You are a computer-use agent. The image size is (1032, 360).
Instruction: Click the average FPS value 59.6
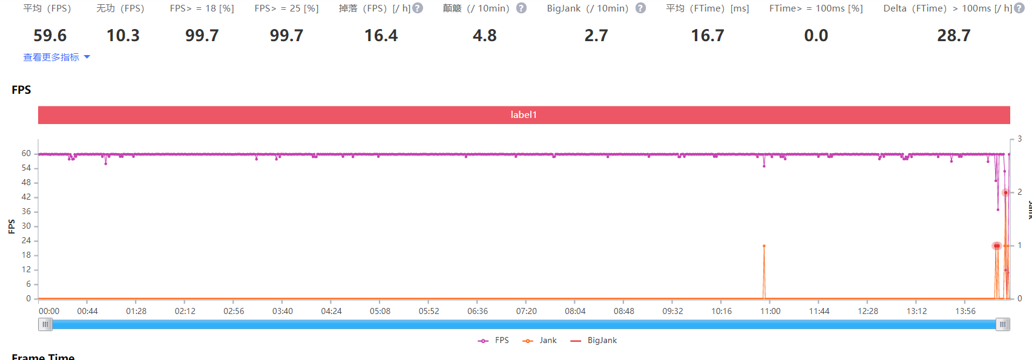(x=50, y=36)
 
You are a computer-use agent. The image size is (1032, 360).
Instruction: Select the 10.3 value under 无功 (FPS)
(x=123, y=36)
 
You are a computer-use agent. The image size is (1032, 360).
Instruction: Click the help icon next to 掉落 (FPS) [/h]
(x=418, y=8)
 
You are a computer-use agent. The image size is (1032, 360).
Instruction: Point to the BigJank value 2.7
(x=596, y=36)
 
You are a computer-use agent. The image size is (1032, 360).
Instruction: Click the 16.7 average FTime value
(x=708, y=36)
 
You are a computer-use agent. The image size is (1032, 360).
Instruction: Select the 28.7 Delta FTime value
(x=953, y=36)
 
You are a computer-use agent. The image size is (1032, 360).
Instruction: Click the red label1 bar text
(x=524, y=115)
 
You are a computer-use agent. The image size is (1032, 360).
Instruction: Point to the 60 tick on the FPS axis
(x=26, y=154)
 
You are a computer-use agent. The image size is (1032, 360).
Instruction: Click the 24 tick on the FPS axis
(x=26, y=241)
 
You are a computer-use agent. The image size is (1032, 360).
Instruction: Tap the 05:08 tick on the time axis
(x=380, y=311)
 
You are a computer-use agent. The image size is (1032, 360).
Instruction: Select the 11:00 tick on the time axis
(x=770, y=311)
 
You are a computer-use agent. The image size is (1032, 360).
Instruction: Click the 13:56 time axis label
(x=965, y=311)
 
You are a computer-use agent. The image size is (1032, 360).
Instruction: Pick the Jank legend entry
(x=540, y=341)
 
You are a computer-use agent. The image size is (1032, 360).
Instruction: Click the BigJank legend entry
(x=594, y=341)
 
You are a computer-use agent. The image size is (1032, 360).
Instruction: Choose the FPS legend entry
(x=493, y=341)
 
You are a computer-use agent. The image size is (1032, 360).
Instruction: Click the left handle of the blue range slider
(x=45, y=325)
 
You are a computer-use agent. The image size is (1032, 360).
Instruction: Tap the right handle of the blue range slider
(x=1003, y=325)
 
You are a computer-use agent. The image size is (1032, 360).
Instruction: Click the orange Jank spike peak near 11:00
(x=764, y=246)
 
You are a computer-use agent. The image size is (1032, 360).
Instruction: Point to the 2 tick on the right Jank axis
(x=1019, y=192)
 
